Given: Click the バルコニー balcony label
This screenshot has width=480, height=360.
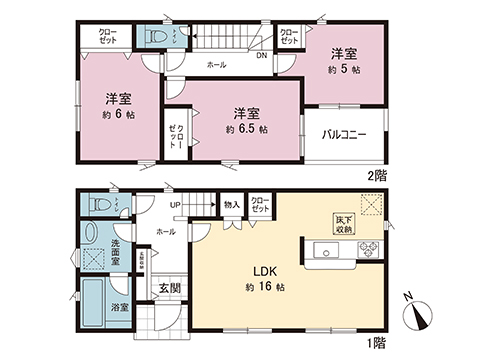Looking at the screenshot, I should coord(344,134).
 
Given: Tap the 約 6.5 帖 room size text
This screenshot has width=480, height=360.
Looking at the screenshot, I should coord(246,130).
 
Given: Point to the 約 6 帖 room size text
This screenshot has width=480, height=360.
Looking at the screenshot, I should coord(118,115).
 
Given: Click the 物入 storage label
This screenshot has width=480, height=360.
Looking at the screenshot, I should coord(231,205).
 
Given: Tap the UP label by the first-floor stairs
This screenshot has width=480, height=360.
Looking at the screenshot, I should coord(176,206).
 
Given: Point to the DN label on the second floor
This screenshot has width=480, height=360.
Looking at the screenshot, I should coord(261,56).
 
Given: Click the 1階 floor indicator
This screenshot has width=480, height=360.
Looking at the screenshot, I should coord(376,343).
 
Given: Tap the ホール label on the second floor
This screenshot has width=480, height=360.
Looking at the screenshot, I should coord(215,65).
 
